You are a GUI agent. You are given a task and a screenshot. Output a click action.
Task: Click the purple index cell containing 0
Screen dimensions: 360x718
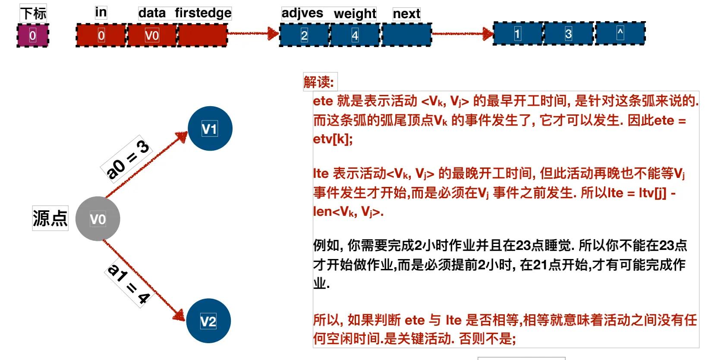[33, 35]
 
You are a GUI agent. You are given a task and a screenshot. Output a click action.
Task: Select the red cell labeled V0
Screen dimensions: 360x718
[152, 35]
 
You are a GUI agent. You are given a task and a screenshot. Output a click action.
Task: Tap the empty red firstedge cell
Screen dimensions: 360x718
[202, 35]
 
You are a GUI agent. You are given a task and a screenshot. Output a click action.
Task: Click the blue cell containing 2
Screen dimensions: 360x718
[304, 35]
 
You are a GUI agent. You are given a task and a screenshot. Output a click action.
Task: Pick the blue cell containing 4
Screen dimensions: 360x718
[355, 35]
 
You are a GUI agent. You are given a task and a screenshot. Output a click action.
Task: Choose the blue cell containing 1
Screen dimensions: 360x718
[517, 34]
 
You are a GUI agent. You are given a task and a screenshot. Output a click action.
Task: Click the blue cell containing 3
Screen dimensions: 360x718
[568, 34]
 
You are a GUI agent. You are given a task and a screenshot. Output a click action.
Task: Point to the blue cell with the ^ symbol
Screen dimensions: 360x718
[620, 33]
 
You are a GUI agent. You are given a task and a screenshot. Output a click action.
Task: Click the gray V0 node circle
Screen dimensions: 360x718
[98, 219]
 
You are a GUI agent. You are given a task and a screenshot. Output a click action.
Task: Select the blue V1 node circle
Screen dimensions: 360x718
[210, 129]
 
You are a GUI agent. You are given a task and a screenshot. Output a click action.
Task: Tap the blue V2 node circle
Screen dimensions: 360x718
[208, 321]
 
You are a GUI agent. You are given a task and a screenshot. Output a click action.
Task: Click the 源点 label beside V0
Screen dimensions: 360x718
[50, 218]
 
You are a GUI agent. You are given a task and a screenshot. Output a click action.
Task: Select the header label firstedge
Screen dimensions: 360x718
[203, 13]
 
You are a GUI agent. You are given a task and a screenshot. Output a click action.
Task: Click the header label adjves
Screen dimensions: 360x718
[302, 13]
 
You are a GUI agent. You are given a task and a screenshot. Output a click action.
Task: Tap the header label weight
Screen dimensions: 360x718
[355, 14]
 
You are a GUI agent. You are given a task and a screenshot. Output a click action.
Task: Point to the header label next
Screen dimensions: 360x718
[406, 14]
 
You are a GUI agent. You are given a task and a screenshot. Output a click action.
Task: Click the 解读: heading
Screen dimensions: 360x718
[319, 82]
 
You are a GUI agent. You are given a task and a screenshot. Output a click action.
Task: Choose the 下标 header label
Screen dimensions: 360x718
[33, 13]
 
